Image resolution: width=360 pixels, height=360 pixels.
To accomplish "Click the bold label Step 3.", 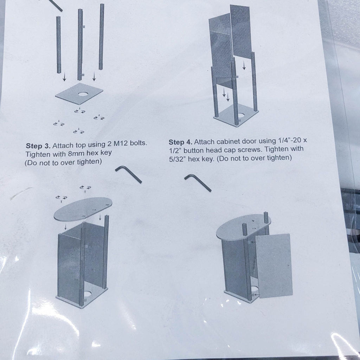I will (x=38, y=145).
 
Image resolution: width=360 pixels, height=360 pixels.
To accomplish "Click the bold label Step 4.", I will (x=181, y=142).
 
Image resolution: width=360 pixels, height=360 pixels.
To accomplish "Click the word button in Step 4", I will (x=194, y=150).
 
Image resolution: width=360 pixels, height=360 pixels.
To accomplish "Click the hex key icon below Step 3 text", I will (x=128, y=174).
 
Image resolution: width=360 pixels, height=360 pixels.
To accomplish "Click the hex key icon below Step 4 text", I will (x=198, y=183).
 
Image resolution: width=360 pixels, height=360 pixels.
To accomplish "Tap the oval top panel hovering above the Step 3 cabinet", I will (x=83, y=209).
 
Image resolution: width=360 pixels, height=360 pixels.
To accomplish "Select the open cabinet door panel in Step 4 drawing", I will (x=274, y=265).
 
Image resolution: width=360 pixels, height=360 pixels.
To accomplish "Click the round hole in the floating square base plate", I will (x=83, y=94).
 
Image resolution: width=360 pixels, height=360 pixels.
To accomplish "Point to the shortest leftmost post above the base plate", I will (x=58, y=45).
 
